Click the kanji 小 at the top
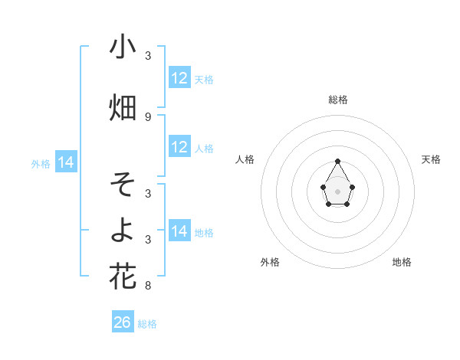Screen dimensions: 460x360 tap(123, 47)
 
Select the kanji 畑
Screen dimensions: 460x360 tap(123, 107)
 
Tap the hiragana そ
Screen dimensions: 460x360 tap(123, 184)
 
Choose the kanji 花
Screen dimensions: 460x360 tap(123, 276)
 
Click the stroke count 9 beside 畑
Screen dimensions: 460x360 tap(148, 116)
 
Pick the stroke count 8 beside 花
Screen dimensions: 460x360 tap(148, 286)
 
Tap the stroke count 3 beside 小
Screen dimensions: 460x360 tap(148, 56)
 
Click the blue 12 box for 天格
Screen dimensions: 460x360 tap(179, 78)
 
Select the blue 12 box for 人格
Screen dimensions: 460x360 tap(179, 147)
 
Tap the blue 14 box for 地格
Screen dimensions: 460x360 tap(179, 231)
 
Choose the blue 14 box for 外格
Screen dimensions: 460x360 tap(66, 162)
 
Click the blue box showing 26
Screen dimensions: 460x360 tap(123, 322)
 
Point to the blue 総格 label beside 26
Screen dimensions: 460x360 tap(147, 324)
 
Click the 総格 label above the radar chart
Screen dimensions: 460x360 tap(337, 100)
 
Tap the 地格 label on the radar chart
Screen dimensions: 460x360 tap(402, 262)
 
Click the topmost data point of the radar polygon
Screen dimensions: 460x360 tap(337, 161)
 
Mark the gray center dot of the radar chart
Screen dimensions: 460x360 tap(337, 191)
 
